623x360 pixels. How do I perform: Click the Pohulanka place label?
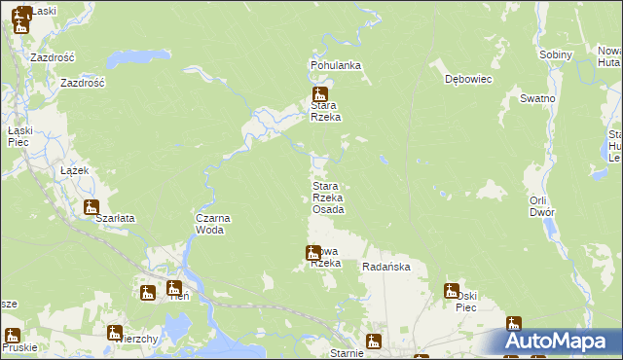pyautogui.click(x=336, y=65)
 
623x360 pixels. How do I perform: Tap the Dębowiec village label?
pyautogui.click(x=465, y=79)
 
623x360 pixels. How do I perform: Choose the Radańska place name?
pyautogui.click(x=386, y=267)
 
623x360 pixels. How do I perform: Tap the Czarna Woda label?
pyautogui.click(x=212, y=224)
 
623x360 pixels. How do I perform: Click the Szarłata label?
pyautogui.click(x=114, y=219)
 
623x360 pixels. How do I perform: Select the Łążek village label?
pyautogui.click(x=74, y=170)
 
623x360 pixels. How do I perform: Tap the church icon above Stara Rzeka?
pyautogui.click(x=318, y=95)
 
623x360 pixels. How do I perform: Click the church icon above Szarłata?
pyautogui.click(x=92, y=207)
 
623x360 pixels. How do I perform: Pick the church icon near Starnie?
pyautogui.click(x=373, y=342)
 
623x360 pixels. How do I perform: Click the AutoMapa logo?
pyautogui.click(x=562, y=342)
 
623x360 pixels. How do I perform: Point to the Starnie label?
pyautogui.click(x=347, y=353)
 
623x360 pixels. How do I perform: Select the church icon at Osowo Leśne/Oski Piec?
pyautogui.click(x=452, y=290)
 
